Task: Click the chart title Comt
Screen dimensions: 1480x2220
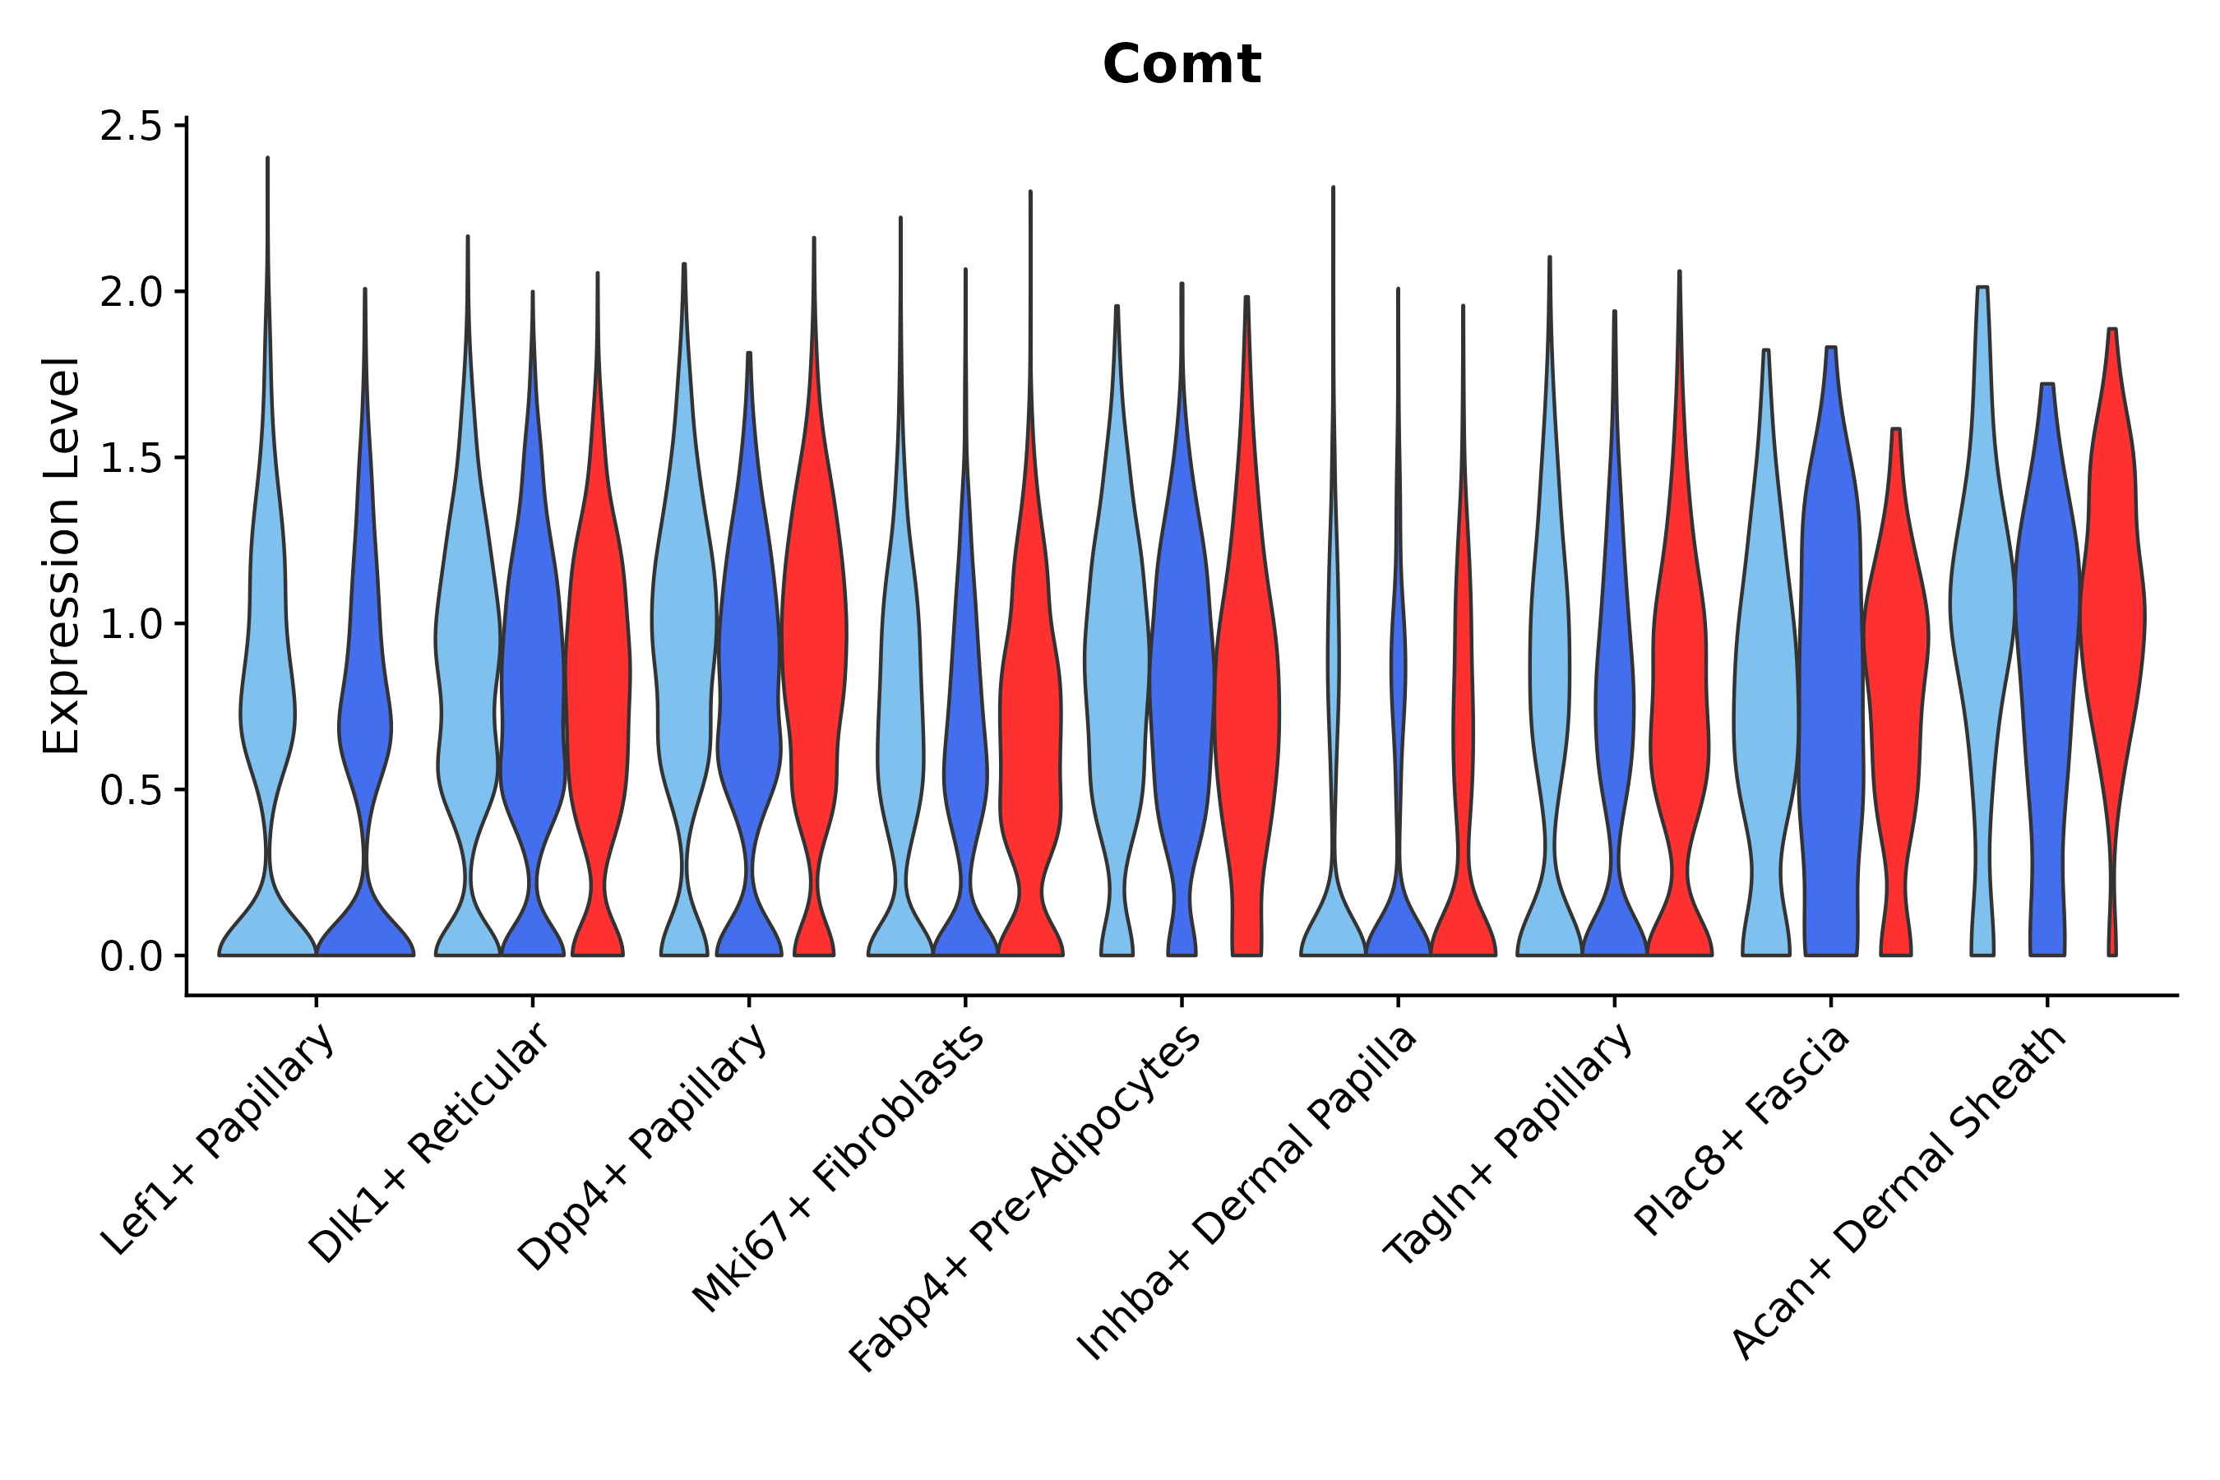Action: point(1181,65)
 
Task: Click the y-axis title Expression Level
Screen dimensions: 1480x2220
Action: point(62,555)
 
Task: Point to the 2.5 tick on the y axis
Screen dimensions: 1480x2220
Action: point(129,127)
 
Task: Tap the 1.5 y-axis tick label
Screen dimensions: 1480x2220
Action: point(129,458)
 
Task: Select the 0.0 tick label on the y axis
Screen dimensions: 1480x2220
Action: point(129,956)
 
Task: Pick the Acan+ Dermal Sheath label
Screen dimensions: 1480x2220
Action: point(1899,1192)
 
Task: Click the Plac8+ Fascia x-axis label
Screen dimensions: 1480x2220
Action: point(1742,1130)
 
